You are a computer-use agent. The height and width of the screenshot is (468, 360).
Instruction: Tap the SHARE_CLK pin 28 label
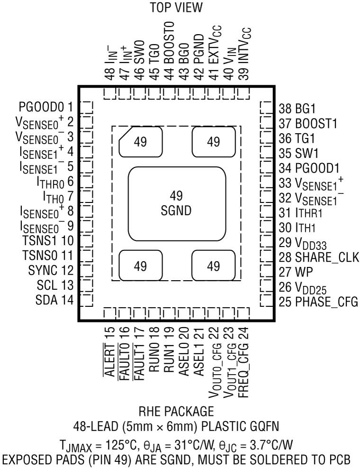coord(317,257)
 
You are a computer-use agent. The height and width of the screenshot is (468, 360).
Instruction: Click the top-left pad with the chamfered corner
coord(140,142)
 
